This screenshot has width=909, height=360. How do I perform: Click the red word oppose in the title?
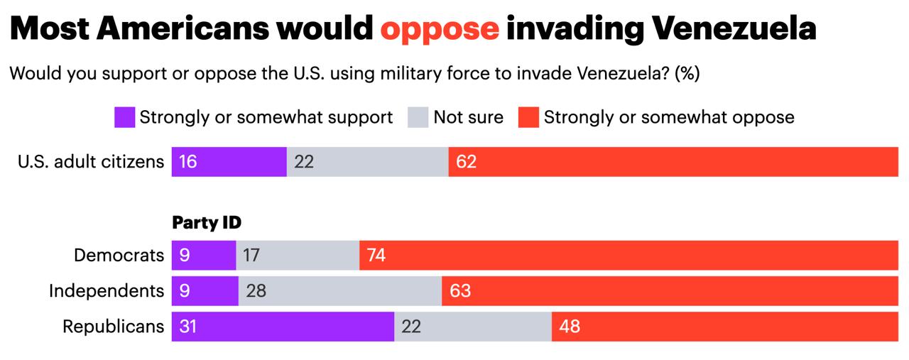[440, 28]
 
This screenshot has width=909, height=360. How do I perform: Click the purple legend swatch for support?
[124, 117]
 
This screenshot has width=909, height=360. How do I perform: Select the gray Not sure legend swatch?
[418, 117]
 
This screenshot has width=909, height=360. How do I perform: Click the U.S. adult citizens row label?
[91, 162]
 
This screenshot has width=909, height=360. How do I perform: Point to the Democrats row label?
[119, 255]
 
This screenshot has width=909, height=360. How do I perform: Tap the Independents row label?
[107, 290]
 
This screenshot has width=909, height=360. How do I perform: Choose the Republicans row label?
[114, 327]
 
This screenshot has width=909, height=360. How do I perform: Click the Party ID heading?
[207, 223]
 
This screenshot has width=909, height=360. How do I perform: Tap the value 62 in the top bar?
[467, 162]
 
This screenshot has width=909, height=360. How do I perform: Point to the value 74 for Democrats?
[376, 255]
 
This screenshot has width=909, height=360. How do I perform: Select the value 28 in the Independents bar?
[256, 290]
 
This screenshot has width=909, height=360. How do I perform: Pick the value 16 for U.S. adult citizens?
[187, 162]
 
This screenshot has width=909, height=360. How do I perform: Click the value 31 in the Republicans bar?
[187, 327]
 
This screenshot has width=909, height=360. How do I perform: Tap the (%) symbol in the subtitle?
[687, 73]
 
